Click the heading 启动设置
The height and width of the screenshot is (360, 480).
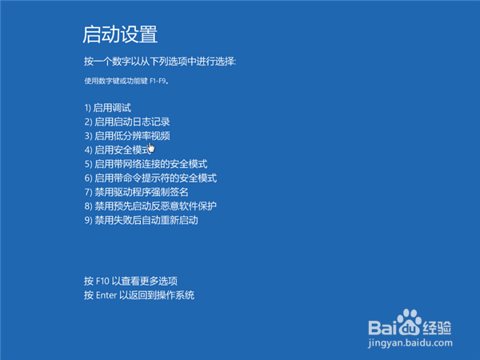(x=120, y=34)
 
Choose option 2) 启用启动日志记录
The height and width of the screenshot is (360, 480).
(x=126, y=122)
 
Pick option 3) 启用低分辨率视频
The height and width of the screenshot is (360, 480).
(x=126, y=136)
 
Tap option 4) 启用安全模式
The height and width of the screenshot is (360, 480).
(x=116, y=150)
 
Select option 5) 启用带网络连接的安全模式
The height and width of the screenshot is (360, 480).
(x=145, y=164)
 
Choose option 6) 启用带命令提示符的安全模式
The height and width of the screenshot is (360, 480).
(x=150, y=178)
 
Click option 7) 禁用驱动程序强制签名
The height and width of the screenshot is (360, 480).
(x=136, y=192)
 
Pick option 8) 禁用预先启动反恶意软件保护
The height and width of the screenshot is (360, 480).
(x=150, y=206)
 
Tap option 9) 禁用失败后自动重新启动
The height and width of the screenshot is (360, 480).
(x=140, y=219)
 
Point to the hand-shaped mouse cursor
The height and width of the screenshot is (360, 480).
(x=150, y=146)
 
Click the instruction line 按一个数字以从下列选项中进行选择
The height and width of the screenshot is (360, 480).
(x=160, y=62)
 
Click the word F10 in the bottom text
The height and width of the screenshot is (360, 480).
(x=102, y=282)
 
